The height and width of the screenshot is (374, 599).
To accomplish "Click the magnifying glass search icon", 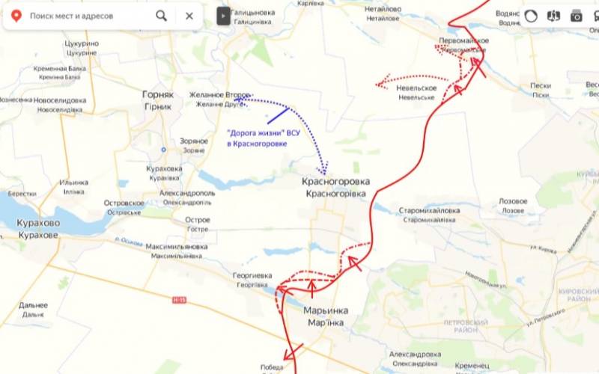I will pos(162,15).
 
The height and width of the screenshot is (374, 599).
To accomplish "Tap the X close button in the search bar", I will pos(189,15).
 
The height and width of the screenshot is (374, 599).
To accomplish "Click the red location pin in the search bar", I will pos(16,15).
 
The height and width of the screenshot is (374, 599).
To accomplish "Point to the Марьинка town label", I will pos(324,310).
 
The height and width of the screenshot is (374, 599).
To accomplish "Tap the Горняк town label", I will pos(158,95).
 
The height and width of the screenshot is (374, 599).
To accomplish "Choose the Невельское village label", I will pos(416,88).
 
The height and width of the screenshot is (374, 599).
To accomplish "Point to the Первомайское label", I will pos(464,40).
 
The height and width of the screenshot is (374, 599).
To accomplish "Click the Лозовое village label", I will pos(513,201).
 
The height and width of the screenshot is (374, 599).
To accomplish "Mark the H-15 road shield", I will pos(178,299).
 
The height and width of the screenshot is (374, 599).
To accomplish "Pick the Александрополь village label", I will pos(187,192).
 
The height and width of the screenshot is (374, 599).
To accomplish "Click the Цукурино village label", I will pos(82,43).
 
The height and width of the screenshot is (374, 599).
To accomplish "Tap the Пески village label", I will pos(541,85).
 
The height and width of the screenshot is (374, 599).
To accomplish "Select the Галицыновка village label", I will pos(253,13).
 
